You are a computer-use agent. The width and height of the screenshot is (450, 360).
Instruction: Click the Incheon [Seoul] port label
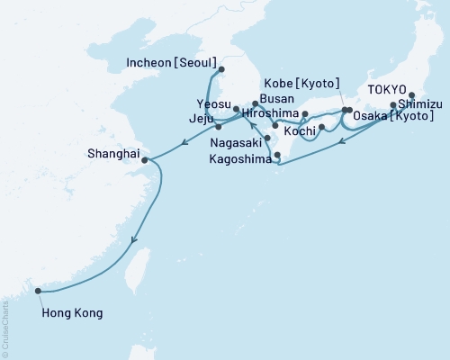(168, 63)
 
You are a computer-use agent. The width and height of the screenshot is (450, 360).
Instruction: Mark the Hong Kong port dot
(39, 290)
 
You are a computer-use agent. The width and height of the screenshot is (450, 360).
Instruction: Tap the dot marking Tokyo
(412, 95)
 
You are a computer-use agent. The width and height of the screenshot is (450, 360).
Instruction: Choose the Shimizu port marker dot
(393, 104)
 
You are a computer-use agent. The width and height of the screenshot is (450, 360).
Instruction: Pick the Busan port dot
(256, 105)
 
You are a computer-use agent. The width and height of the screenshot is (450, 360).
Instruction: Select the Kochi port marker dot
(321, 139)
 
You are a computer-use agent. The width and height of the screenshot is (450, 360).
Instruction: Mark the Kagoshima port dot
(276, 156)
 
